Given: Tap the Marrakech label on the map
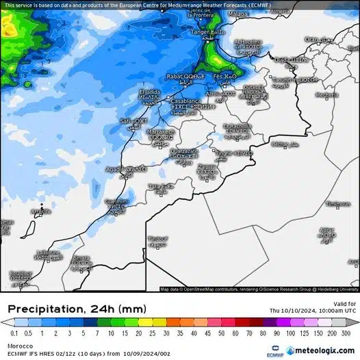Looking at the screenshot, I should coord(162,131).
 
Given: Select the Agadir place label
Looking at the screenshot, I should coord(116,169).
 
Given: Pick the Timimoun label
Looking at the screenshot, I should coord(337,203).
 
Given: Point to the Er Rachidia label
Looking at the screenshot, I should coord(238,126).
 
